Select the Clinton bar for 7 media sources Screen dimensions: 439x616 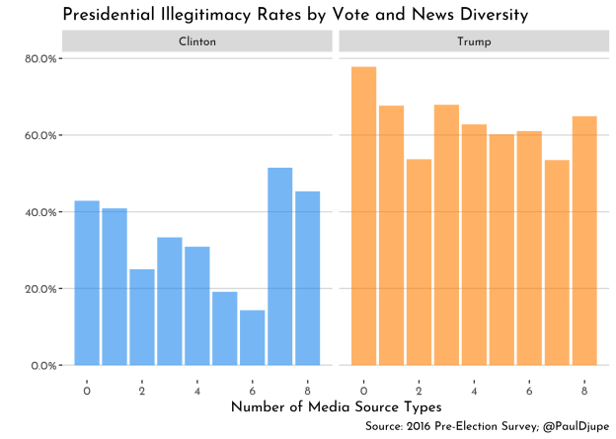click(280, 266)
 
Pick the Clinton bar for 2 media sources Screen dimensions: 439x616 click(142, 317)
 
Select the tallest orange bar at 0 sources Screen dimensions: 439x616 click(364, 216)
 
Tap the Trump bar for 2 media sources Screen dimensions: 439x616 click(420, 262)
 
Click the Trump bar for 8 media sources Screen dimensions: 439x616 click(584, 241)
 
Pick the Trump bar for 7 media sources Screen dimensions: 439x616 click(557, 262)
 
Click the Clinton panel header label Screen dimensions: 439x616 click(197, 41)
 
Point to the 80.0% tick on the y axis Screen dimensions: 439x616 click(40, 58)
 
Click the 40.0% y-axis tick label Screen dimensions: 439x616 click(40, 212)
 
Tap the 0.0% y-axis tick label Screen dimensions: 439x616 click(43, 366)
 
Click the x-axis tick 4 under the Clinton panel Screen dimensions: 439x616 click(197, 388)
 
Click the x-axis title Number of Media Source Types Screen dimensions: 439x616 click(336, 406)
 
